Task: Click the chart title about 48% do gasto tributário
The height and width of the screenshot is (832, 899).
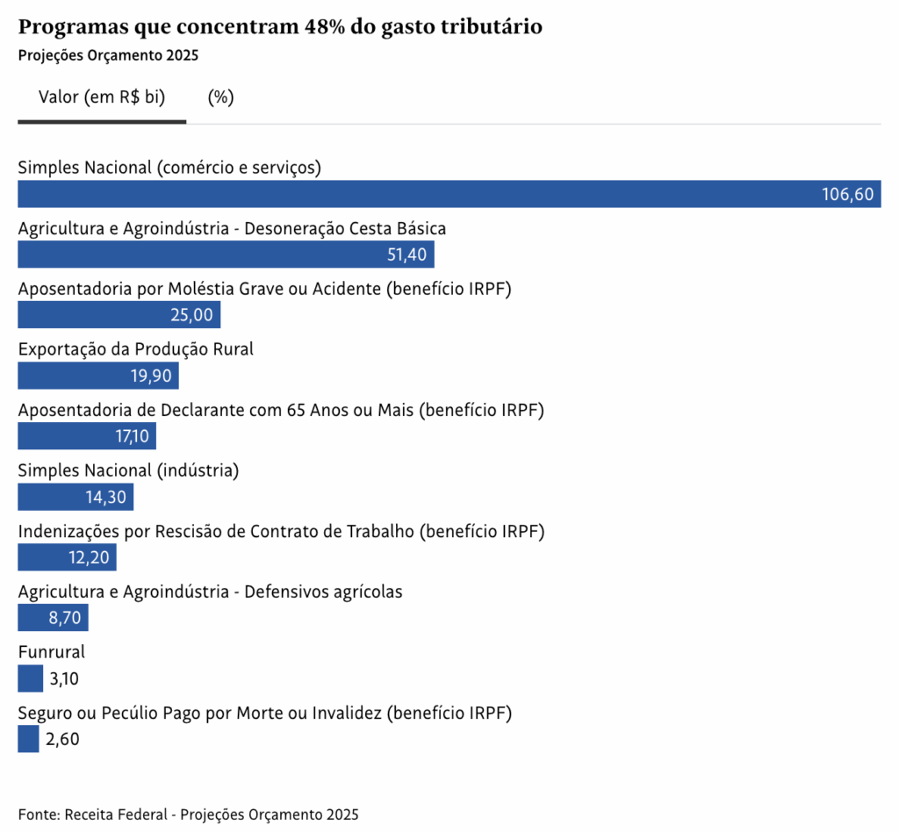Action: (x=280, y=27)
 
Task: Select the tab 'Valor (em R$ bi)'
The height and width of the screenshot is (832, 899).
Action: (x=102, y=97)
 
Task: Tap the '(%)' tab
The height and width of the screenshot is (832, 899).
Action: (x=220, y=97)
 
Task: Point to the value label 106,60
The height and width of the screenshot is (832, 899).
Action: (x=847, y=195)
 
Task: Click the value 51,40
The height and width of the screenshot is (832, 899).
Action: (x=406, y=255)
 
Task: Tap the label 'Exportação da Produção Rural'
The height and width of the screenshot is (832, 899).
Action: (x=136, y=348)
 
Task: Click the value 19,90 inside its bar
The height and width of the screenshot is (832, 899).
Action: (x=151, y=377)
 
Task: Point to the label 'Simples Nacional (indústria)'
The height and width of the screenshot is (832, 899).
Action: (x=128, y=470)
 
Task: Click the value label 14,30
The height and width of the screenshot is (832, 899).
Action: (x=105, y=498)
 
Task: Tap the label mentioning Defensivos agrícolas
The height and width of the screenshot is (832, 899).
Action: (x=210, y=592)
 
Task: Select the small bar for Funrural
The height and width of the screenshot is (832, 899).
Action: (x=30, y=678)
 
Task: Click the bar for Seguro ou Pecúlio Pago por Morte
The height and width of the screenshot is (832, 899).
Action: (x=28, y=739)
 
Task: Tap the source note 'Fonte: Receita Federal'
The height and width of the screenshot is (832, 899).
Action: (x=188, y=814)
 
